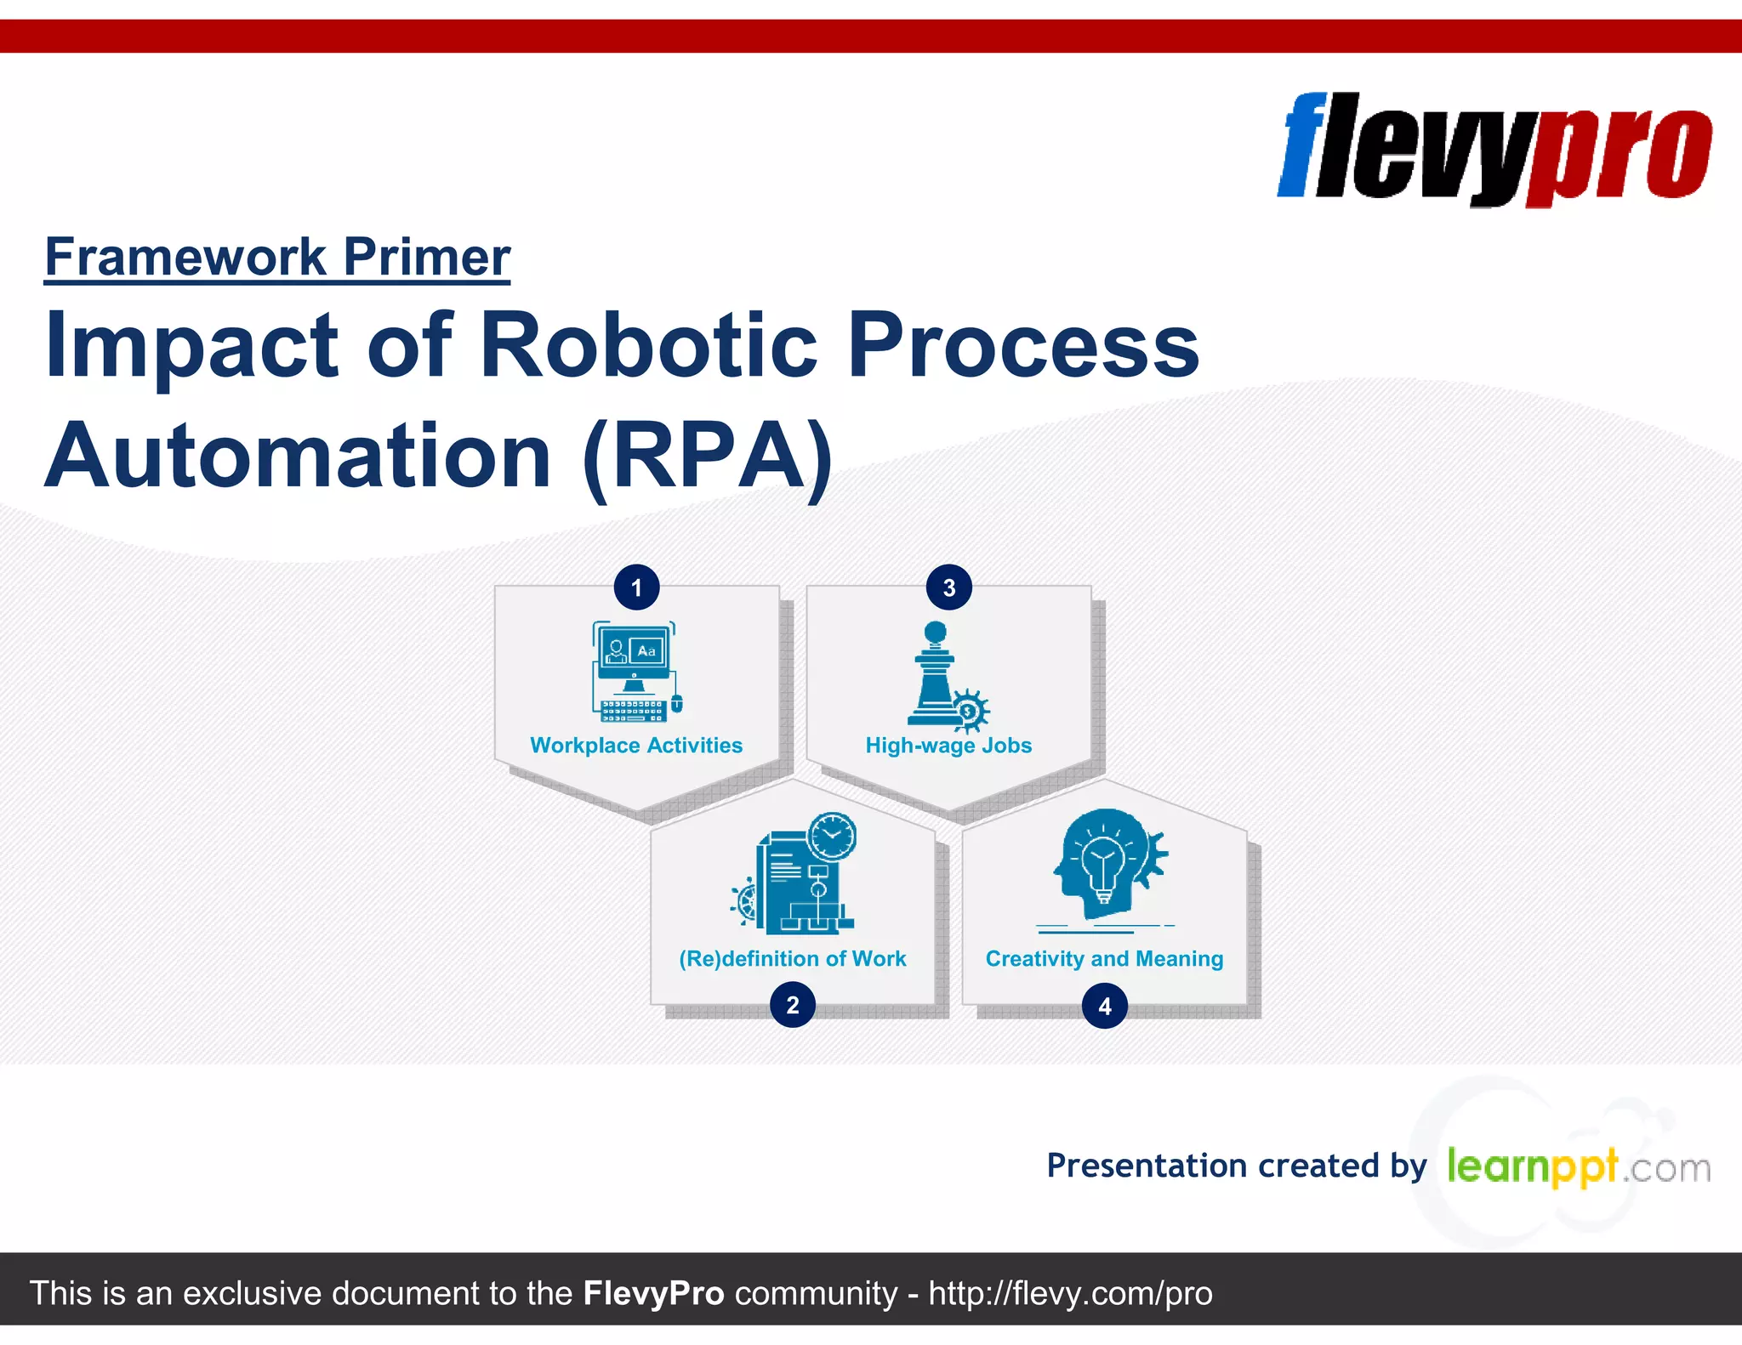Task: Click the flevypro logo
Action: coord(1494,149)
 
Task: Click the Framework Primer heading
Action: coord(277,257)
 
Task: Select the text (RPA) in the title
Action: coord(707,457)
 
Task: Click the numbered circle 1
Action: coord(636,587)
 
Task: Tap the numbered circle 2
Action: coord(792,1005)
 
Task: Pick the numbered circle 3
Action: coord(948,587)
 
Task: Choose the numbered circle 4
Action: coord(1104,1006)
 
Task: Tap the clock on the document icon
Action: coord(832,836)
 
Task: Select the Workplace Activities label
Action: coord(636,746)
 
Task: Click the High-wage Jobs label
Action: coord(948,746)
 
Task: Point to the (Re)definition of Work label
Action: coord(792,959)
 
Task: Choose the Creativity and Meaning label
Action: coord(1104,959)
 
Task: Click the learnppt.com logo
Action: coord(1578,1167)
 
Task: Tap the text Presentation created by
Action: coord(1236,1166)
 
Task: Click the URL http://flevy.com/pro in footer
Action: coord(1070,1293)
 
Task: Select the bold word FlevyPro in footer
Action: coord(653,1293)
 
